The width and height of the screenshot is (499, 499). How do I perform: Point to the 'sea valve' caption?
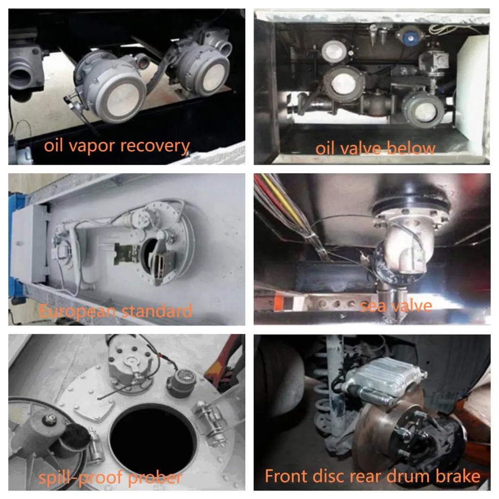click(395, 306)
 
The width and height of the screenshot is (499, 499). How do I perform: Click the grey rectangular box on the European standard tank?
click(29, 245)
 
